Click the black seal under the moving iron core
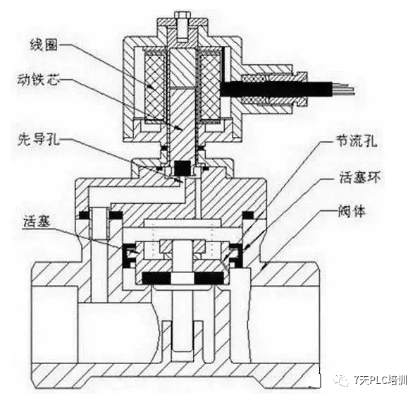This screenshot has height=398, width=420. point(182,167)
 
